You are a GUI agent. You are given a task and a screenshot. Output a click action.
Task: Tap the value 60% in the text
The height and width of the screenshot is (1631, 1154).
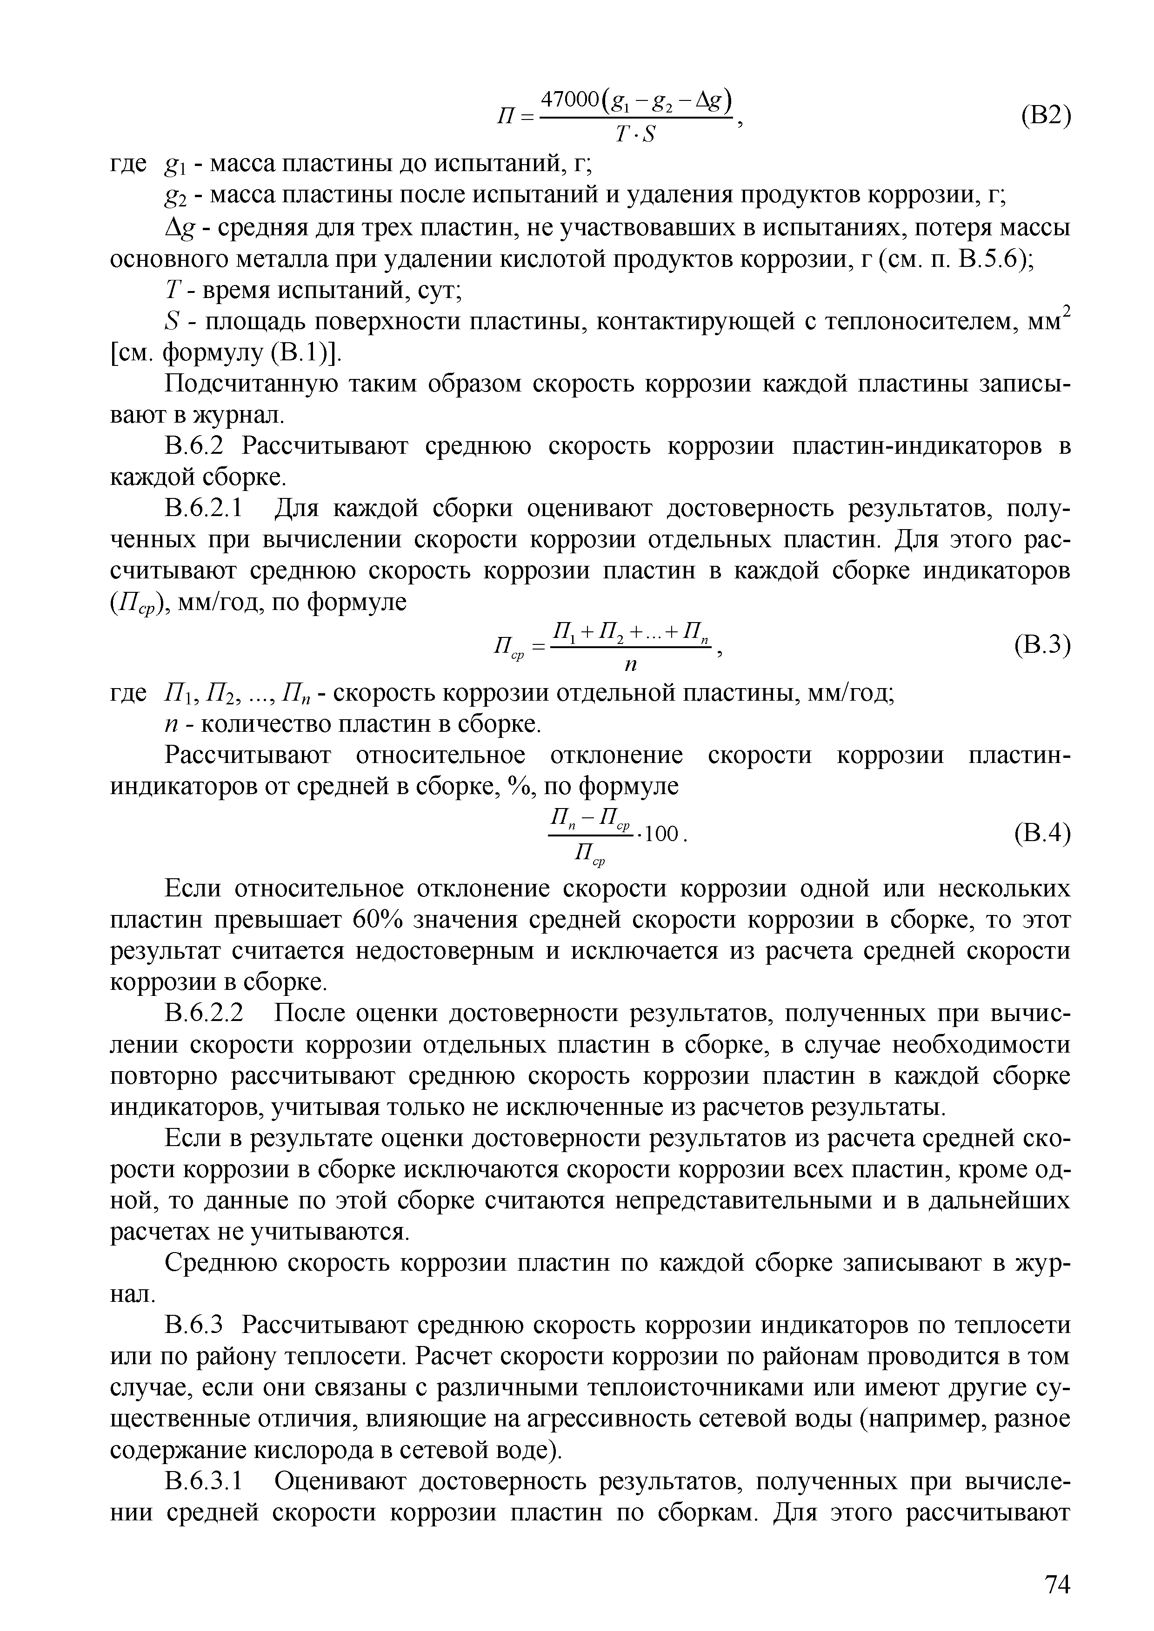pos(377,920)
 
